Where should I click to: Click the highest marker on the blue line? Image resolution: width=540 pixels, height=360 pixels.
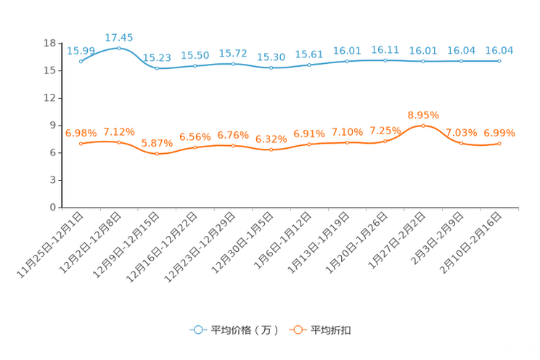coord(119,48)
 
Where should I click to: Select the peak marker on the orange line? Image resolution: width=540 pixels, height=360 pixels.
coord(423,126)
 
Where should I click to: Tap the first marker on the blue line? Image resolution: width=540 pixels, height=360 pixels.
coord(81,61)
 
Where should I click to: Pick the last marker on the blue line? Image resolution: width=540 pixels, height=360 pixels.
coord(499,61)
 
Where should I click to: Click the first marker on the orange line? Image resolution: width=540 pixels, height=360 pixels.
coord(81,144)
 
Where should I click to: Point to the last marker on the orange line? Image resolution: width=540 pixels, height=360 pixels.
coord(499,144)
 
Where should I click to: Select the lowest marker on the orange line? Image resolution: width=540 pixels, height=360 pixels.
coord(157,154)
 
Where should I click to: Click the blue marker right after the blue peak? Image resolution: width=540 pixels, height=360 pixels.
coord(157,68)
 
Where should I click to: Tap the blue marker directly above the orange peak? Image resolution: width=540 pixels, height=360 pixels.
coord(423,61)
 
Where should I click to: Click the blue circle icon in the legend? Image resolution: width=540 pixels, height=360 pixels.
coord(197,330)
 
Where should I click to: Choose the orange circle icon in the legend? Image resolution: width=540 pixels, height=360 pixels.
coord(297,330)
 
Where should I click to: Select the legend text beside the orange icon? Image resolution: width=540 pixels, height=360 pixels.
coord(332,330)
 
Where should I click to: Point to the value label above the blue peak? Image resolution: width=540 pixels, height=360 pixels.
coord(119,37)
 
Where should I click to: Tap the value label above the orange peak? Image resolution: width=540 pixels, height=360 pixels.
coord(423,115)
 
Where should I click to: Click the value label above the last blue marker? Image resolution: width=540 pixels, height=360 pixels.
coord(499,50)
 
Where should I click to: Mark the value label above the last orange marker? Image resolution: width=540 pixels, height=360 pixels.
coord(499,133)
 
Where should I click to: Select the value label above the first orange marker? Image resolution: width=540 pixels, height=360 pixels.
coord(81,133)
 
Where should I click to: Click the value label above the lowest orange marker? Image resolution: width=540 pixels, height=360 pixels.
coord(157,143)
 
